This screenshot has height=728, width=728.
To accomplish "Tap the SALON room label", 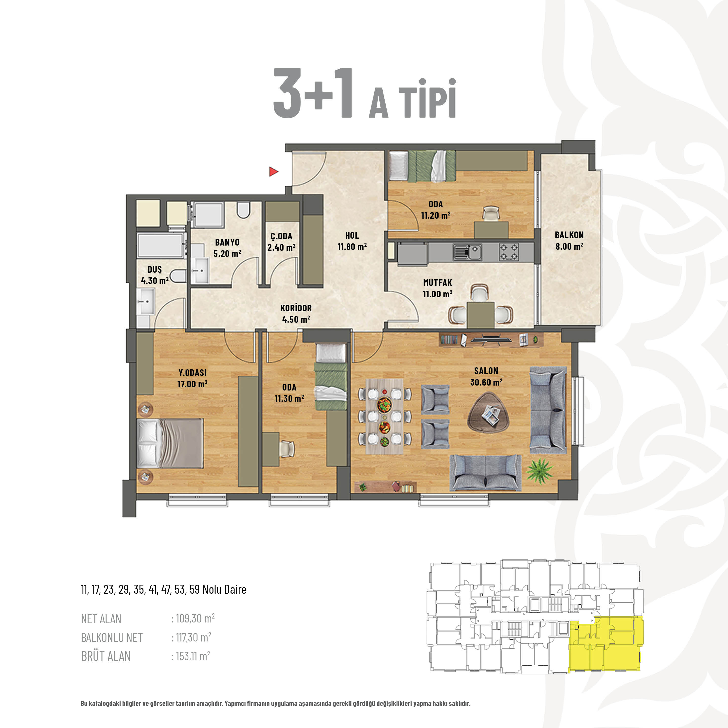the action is (486, 371).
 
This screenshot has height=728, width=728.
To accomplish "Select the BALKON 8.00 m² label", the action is (569, 240).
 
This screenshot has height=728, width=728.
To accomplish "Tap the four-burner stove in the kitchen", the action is (509, 252).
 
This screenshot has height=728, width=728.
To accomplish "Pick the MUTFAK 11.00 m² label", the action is (438, 288).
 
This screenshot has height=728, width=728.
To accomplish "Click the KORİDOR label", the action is (296, 308).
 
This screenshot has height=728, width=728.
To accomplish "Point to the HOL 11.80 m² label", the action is (352, 241).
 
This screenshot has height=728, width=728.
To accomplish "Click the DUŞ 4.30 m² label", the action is (155, 275).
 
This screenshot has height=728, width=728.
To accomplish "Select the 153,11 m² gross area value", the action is (193, 656).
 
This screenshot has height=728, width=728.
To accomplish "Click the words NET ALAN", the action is (101, 619).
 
